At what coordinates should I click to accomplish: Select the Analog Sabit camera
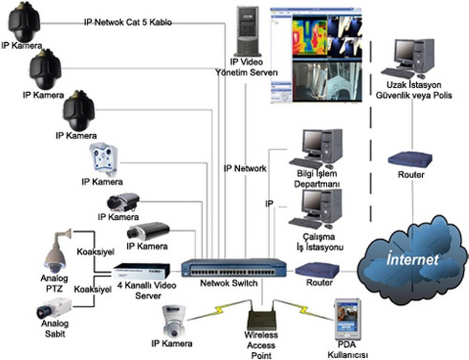(x=54, y=305)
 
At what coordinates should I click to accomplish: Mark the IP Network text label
(x=245, y=168)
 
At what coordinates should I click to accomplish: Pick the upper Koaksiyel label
(x=94, y=252)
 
